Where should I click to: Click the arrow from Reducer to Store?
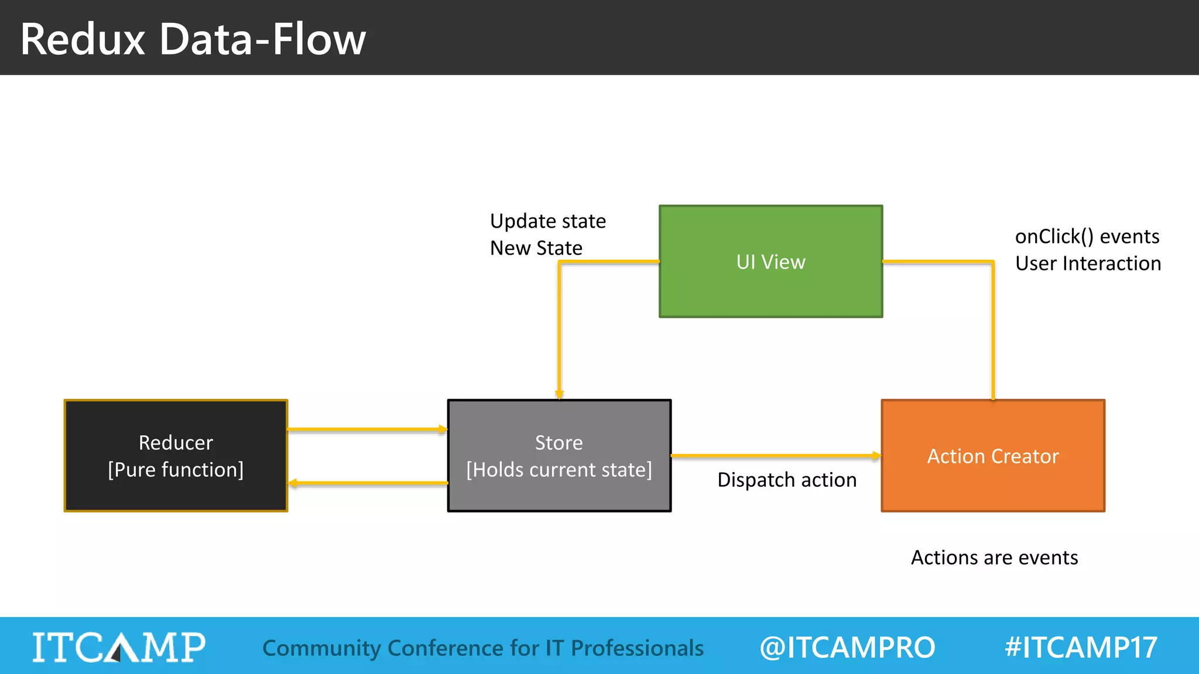click(x=368, y=429)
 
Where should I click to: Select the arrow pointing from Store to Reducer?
click(x=368, y=483)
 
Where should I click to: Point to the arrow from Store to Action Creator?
click(x=776, y=455)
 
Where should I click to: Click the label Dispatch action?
click(x=787, y=480)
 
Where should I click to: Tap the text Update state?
click(x=548, y=221)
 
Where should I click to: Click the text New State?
click(x=536, y=248)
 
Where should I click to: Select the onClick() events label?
click(x=1087, y=236)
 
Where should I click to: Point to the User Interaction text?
click(x=1088, y=263)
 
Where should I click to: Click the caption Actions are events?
click(x=994, y=558)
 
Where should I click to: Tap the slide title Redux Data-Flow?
click(x=193, y=39)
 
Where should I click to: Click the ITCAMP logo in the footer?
click(x=119, y=647)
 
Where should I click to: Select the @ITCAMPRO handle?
click(x=847, y=647)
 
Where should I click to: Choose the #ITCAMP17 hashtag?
click(x=1081, y=647)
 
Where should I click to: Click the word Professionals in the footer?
click(x=637, y=648)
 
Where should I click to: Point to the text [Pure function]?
click(x=176, y=470)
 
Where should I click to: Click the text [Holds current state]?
click(x=559, y=470)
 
